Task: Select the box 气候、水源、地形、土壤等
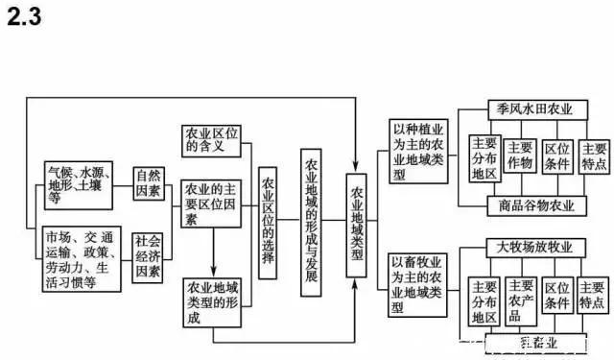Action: coord(84,184)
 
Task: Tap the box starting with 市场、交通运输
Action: coord(84,256)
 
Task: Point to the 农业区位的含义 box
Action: coord(217,140)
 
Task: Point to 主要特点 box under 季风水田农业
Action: coord(594,156)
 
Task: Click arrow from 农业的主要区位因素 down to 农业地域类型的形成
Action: coord(212,252)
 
